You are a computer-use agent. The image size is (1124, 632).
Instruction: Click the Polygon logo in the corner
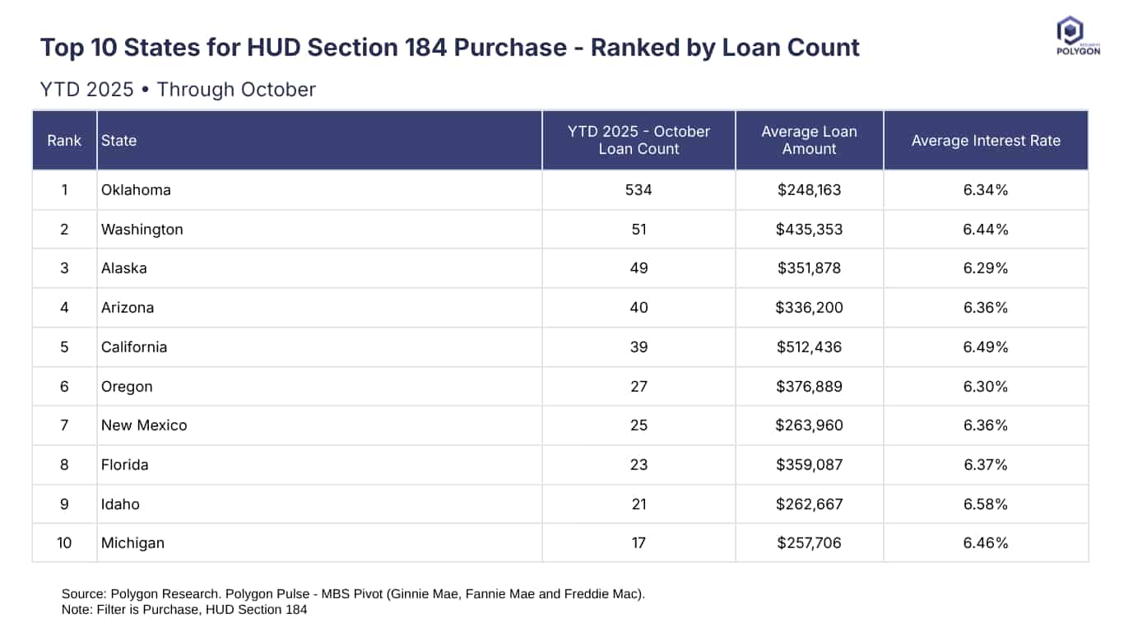click(1077, 35)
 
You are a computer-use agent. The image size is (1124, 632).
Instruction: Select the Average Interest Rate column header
click(986, 141)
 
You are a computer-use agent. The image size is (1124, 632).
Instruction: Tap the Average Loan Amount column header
click(809, 141)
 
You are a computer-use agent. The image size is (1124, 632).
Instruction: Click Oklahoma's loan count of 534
click(639, 190)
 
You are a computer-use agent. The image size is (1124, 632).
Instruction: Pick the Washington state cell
click(142, 230)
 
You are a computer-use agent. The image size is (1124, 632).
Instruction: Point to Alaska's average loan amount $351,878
click(809, 268)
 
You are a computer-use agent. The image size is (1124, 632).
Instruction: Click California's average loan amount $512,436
click(809, 347)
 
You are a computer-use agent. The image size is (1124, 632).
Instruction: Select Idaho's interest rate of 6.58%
click(986, 504)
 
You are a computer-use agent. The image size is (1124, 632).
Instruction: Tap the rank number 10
click(64, 543)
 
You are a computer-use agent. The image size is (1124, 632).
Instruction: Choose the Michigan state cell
click(132, 543)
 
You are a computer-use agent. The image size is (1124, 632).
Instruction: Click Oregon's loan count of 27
click(639, 387)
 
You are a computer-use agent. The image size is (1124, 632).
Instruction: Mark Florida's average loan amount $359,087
click(809, 465)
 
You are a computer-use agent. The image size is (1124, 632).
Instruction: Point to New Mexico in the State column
click(144, 425)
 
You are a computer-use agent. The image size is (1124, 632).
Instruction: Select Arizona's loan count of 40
click(639, 308)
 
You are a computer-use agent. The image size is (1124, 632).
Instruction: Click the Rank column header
click(64, 141)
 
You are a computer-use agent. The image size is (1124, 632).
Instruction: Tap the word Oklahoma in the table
click(136, 190)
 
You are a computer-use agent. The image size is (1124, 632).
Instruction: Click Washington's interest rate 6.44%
click(986, 230)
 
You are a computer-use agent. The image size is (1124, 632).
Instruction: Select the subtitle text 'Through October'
click(236, 90)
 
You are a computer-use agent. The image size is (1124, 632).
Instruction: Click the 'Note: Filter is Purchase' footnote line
click(184, 610)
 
